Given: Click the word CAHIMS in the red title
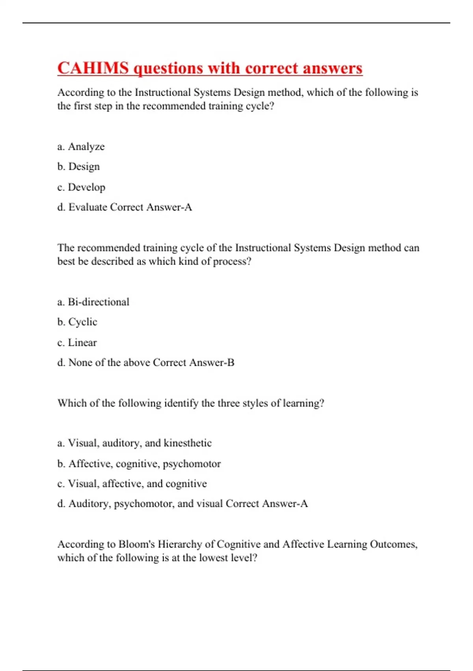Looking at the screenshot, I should pos(93,68).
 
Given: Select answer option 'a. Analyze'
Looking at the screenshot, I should pos(81,146).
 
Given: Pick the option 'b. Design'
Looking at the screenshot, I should pos(78,167).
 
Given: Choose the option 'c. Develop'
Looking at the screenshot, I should pos(81,187).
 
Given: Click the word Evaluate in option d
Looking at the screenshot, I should pos(88,207).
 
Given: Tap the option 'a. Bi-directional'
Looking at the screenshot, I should pos(93,302).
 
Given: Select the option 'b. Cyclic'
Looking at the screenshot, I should pos(77,322).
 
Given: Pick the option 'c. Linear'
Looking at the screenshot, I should pos(77,343).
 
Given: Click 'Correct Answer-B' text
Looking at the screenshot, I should pos(194,363).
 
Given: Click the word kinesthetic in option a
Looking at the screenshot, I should pos(188,443).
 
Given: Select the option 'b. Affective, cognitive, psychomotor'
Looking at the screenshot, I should pos(139,464).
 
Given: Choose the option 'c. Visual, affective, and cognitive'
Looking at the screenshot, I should pos(132,484).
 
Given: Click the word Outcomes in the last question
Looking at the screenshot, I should pos(393,544).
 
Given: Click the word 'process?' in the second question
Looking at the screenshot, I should pos(232,262).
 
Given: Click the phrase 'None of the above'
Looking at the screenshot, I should pos(109,363).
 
